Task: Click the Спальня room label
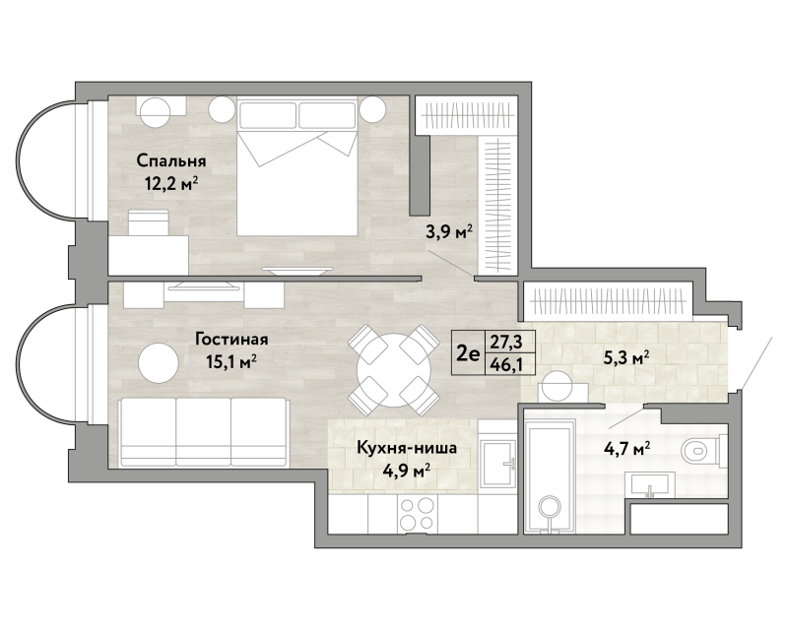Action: pyautogui.click(x=170, y=161)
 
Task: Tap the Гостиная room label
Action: pyautogui.click(x=231, y=340)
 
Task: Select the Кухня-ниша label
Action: pyautogui.click(x=407, y=448)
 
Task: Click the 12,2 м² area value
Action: pyautogui.click(x=170, y=184)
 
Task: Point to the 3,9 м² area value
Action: pyautogui.click(x=449, y=232)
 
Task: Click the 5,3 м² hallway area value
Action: pyautogui.click(x=626, y=358)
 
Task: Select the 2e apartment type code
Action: pyautogui.click(x=468, y=354)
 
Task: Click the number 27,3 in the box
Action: pyautogui.click(x=506, y=342)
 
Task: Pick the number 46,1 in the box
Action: pyautogui.click(x=506, y=364)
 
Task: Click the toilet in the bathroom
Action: pyautogui.click(x=703, y=452)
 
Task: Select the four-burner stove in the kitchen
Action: pyautogui.click(x=418, y=514)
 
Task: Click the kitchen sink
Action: pyautogui.click(x=497, y=464)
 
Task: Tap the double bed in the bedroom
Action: pyautogui.click(x=297, y=166)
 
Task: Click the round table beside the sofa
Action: pyautogui.click(x=159, y=362)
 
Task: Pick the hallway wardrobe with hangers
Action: pyautogui.click(x=608, y=301)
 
